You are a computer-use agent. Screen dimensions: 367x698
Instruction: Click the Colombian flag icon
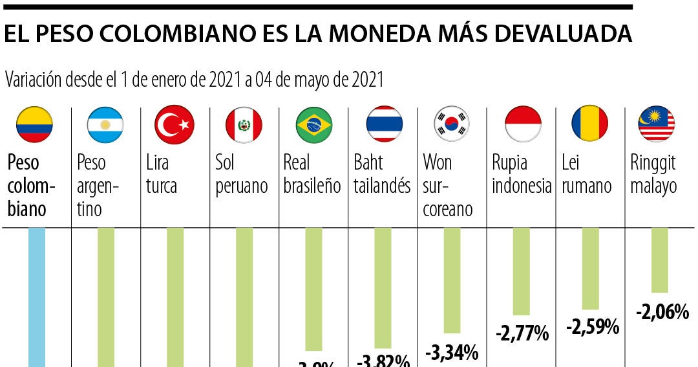click(34, 124)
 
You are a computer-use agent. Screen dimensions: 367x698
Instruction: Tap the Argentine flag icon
click(105, 124)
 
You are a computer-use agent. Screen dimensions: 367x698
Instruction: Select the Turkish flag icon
click(174, 124)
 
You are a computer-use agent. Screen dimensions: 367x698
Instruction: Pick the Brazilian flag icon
click(314, 124)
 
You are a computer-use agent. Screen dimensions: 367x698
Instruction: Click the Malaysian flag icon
click(656, 124)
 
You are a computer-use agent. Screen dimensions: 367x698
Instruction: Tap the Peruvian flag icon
click(244, 124)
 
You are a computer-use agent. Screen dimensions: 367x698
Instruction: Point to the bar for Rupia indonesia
click(521, 271)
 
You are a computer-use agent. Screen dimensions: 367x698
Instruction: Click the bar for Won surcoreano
click(452, 280)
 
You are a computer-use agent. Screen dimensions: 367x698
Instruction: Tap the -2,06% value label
click(662, 313)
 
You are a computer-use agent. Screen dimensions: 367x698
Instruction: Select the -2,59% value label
click(593, 327)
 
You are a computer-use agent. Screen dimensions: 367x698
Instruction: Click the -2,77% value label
click(522, 334)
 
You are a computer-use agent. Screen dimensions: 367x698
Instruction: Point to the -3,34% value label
click(452, 353)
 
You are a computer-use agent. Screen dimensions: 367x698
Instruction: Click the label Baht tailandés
click(382, 174)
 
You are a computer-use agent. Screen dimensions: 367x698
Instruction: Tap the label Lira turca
click(162, 174)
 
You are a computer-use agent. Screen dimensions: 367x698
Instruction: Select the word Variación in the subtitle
click(33, 80)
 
